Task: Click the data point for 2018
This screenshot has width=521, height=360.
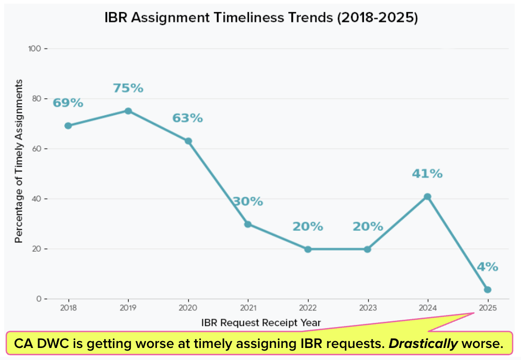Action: pos(68,126)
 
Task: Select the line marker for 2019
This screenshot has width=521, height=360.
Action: pos(128,111)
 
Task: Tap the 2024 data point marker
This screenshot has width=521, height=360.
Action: pos(427,197)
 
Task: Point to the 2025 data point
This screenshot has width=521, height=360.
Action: pos(488,290)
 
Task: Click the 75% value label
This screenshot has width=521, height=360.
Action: pos(128,88)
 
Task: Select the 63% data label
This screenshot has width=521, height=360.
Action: pos(188,118)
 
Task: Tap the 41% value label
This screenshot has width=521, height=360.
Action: pos(427,174)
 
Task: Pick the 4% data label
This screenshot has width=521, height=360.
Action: pos(487,267)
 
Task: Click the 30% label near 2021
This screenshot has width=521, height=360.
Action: pos(248,201)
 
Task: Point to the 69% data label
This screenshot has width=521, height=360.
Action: pos(68,103)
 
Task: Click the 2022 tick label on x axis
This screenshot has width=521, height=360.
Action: pos(308,307)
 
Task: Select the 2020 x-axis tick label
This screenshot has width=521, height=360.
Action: pos(188,307)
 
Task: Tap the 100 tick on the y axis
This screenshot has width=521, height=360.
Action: pos(35,49)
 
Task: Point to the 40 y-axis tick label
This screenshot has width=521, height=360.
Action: pos(37,199)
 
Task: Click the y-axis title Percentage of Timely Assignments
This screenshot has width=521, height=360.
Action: pos(19,161)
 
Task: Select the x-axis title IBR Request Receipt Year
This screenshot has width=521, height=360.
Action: pos(261,322)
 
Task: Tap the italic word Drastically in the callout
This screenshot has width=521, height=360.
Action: pos(422,344)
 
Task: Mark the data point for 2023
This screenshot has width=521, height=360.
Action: pos(367,249)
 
